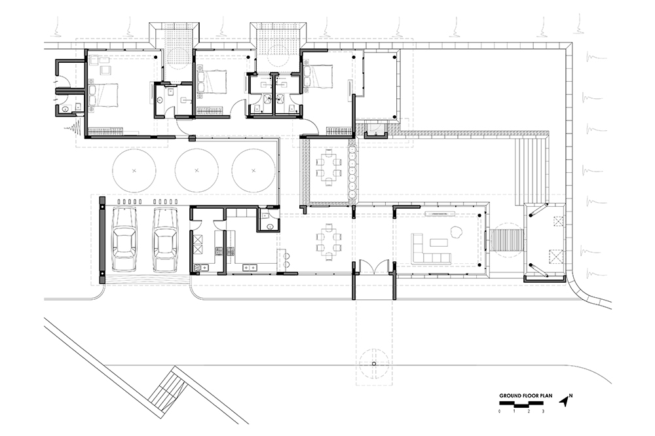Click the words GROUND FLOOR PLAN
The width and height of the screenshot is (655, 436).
pos(525,395)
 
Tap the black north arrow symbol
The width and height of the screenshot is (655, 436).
pos(565,402)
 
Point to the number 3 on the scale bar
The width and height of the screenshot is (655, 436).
pos(543,411)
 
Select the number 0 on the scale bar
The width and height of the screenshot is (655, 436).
pos(500,411)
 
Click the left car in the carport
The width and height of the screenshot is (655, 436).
pos(124,240)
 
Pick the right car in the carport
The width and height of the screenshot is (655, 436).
pos(166,240)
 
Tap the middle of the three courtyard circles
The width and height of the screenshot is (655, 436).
pos(196,170)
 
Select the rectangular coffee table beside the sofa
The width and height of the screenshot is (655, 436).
pos(439,242)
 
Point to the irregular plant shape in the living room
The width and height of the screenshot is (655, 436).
pos(456,231)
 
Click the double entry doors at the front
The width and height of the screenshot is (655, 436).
pos(374,267)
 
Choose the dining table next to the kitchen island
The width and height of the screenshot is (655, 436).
pos(328,242)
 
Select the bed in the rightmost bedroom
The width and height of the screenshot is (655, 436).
pos(318,77)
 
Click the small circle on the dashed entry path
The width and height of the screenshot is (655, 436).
pos(374,364)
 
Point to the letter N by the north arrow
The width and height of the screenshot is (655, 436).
pos(571,395)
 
